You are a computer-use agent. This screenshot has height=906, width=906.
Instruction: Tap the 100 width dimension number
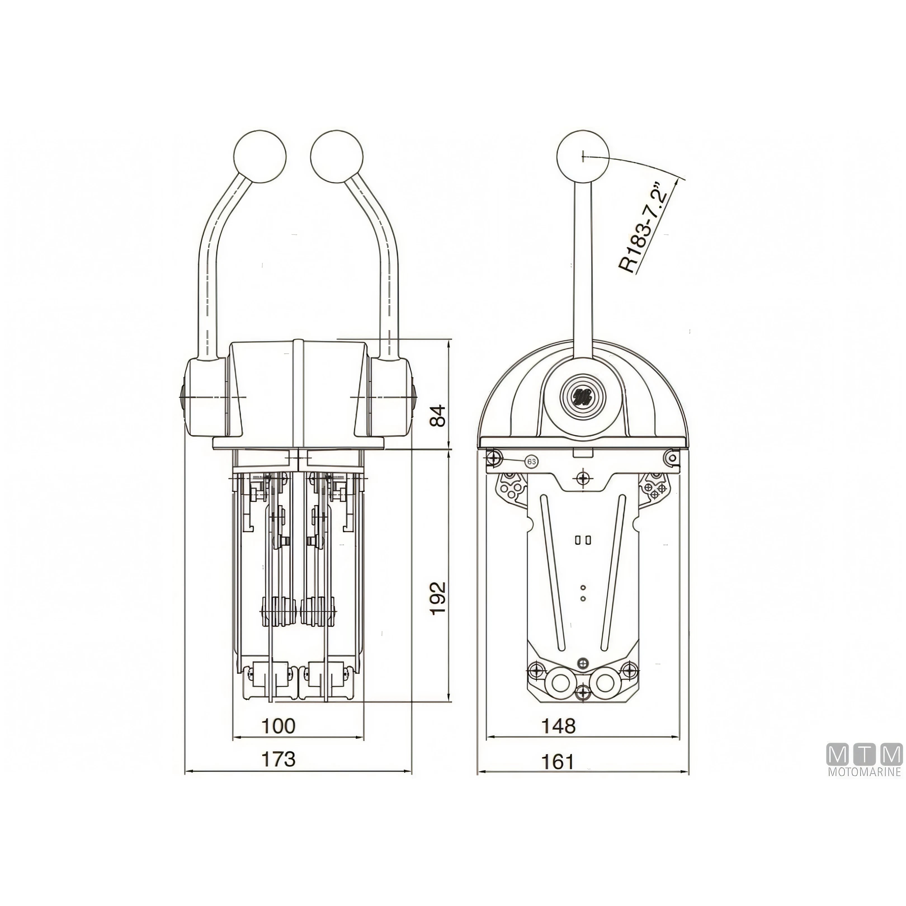[x=279, y=726]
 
